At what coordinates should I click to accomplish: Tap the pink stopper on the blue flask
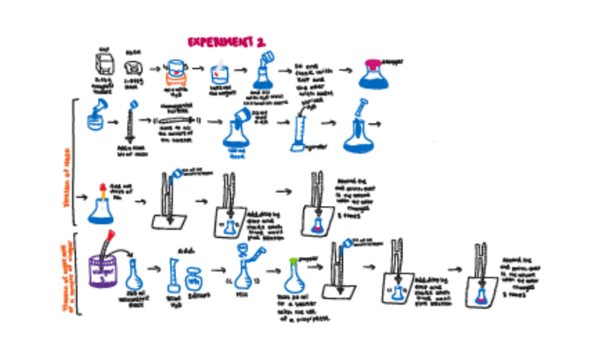pyautogui.click(x=373, y=65)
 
